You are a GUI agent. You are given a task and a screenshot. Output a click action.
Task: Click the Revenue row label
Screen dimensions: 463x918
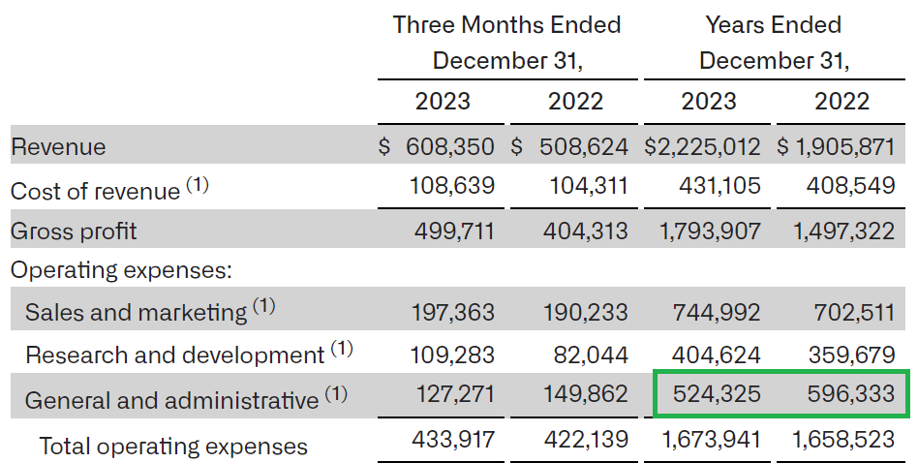(x=58, y=147)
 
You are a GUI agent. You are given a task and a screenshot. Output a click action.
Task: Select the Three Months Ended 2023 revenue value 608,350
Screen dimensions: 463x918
(x=446, y=147)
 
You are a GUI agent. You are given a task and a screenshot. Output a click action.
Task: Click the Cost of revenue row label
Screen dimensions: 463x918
(x=95, y=191)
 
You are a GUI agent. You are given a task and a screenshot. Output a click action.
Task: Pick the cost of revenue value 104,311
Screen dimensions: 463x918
(x=589, y=185)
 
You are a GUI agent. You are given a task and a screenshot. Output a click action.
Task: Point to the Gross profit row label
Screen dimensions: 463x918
(x=74, y=231)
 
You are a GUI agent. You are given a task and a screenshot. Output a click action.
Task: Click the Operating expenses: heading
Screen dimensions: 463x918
(x=121, y=270)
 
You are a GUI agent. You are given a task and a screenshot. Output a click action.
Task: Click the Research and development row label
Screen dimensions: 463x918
(x=174, y=355)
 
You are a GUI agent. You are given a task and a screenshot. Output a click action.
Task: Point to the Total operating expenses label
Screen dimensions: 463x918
(x=173, y=446)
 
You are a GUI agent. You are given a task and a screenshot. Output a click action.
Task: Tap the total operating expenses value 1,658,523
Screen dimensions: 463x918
(x=843, y=440)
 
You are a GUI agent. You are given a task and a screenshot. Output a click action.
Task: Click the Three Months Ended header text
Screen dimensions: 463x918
(x=506, y=24)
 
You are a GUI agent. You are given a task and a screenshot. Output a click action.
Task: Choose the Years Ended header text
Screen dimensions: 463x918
(x=774, y=24)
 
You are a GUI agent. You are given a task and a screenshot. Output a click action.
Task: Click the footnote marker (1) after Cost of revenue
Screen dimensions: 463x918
(x=197, y=185)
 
